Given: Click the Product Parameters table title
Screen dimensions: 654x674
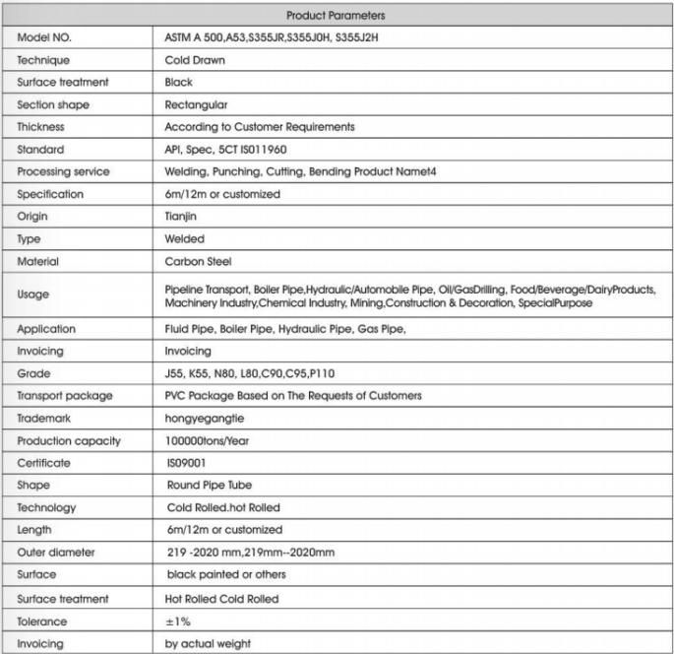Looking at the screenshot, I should [336, 15].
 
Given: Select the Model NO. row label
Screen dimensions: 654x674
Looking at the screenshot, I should [46, 37].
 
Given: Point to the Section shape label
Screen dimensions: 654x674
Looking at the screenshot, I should [54, 104].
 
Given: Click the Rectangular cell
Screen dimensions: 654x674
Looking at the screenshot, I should [197, 104].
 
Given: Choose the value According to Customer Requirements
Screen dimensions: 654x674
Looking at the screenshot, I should [260, 127].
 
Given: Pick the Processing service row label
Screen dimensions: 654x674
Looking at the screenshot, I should [64, 171].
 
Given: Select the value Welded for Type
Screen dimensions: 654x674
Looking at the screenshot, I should [184, 239].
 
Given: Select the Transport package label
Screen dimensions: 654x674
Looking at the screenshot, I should [65, 396].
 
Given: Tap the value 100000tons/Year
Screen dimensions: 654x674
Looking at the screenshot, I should [207, 441].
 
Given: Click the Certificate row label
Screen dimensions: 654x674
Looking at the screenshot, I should [44, 463].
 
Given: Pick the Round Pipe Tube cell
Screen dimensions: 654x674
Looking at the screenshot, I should [211, 486].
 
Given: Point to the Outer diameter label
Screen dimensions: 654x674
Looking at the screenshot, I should [56, 553].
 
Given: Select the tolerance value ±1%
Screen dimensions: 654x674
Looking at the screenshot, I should [177, 621].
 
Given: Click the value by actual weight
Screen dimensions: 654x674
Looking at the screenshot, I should [208, 643].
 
